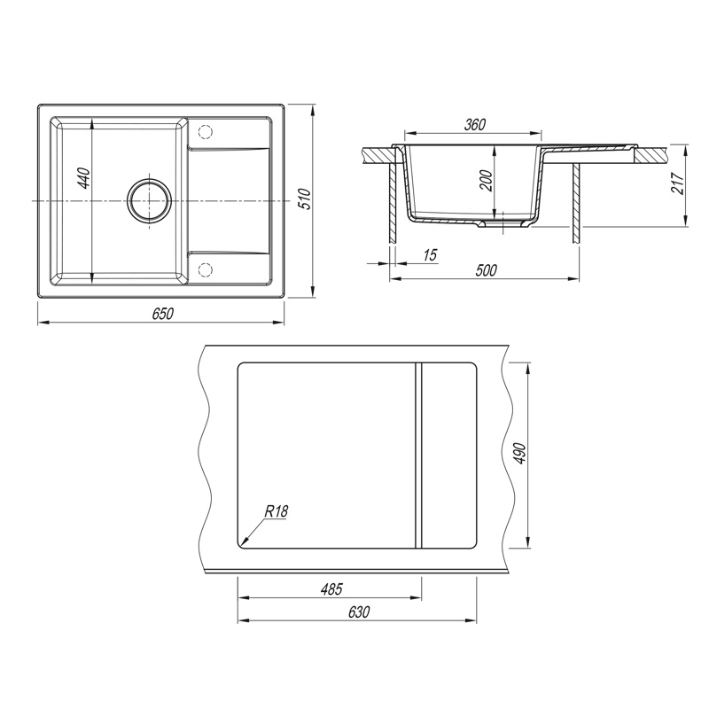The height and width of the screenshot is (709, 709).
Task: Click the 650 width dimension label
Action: [162, 314]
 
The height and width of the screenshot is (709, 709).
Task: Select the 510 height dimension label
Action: [306, 199]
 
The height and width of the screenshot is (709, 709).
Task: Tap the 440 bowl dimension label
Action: [84, 178]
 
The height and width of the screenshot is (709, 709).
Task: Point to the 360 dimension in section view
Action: [474, 124]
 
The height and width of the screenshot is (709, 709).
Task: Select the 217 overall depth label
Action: [678, 183]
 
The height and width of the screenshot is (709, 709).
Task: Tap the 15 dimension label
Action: [430, 254]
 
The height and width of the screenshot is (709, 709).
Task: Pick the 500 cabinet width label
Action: [486, 270]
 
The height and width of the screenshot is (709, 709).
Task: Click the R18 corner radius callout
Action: [276, 512]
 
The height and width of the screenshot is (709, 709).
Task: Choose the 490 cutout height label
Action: [520, 453]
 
